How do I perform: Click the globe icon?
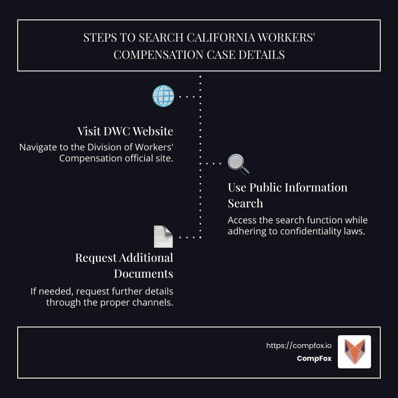163,96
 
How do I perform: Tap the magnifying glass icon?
239,165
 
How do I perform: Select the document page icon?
163,236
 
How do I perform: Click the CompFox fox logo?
354,352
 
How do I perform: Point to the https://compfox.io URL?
299,345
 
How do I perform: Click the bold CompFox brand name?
314,358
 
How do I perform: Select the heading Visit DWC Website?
125,131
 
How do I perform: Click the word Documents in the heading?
143,274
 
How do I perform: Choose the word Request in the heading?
96,258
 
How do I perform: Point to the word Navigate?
38,147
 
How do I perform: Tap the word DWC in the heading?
117,131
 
